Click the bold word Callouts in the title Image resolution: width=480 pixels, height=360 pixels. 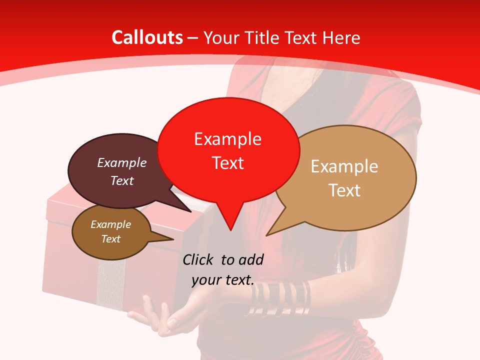point(147,37)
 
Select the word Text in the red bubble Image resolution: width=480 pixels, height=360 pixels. point(227,162)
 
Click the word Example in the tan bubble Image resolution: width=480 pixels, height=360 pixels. point(344,166)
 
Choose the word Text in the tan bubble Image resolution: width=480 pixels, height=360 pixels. point(344,190)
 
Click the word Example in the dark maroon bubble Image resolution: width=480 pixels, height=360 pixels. point(121,162)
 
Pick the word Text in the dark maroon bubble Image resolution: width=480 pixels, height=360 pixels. point(121,180)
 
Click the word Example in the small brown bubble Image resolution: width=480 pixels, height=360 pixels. point(110,224)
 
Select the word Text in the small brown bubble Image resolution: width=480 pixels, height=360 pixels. point(110,239)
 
